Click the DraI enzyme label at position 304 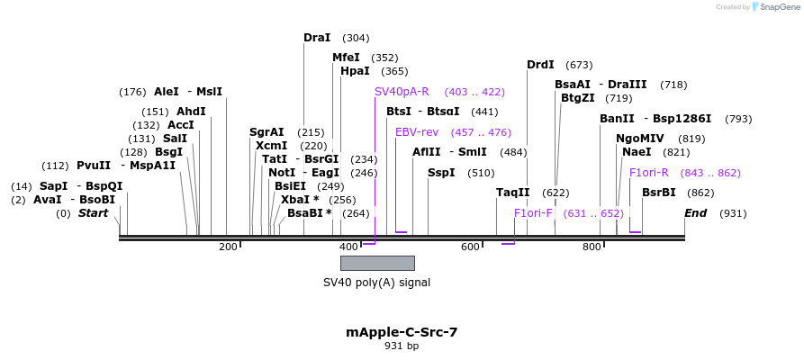point(317,38)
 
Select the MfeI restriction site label point(346,58)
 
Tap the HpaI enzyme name point(355,71)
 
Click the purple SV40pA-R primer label point(402,92)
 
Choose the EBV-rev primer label point(417,132)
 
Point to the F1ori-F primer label point(533,213)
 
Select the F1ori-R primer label point(648,173)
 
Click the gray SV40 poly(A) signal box point(377,263)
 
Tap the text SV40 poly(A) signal point(376,282)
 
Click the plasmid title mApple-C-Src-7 point(402,331)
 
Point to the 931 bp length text point(402,346)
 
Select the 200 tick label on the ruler point(228,247)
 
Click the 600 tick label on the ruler point(470,247)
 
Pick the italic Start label point(93,213)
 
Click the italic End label point(695,213)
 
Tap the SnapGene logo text point(774,7)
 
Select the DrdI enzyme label point(540,65)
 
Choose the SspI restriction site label point(441,173)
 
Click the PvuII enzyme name point(94,166)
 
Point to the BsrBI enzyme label point(658,193)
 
